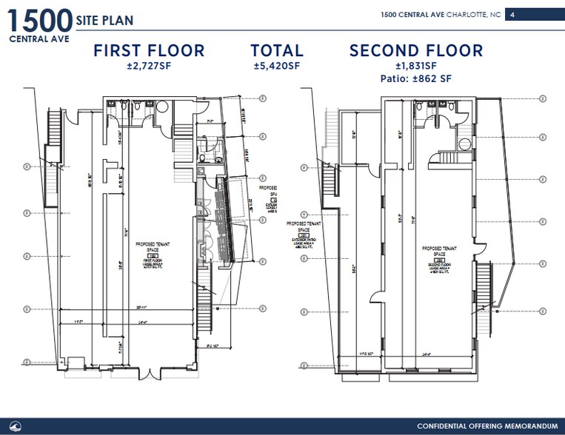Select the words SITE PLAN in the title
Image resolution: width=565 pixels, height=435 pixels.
104,20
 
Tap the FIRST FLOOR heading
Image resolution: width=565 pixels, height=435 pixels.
148,51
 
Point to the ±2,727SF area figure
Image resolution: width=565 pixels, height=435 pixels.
148,66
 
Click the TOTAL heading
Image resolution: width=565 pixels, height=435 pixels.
277,51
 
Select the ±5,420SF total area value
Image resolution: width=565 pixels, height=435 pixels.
277,66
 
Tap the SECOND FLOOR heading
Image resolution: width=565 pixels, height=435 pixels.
416,51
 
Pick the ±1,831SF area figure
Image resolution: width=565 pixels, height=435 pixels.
416,66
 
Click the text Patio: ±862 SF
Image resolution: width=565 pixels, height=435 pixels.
416,78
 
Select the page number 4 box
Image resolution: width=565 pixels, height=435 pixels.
512,14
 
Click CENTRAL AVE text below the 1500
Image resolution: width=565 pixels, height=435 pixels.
36,38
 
